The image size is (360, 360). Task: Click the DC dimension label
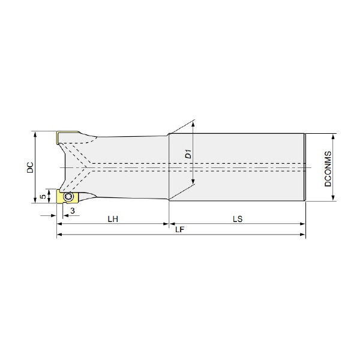pyautogui.click(x=30, y=167)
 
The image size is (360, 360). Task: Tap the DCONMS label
pyautogui.click(x=328, y=169)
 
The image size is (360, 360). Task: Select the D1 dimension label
pyautogui.click(x=188, y=154)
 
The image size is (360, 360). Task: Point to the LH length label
pyautogui.click(x=113, y=219)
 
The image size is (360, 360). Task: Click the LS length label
pyautogui.click(x=238, y=219)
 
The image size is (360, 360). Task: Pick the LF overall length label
pyautogui.click(x=180, y=229)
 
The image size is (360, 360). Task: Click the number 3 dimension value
pyautogui.click(x=73, y=211)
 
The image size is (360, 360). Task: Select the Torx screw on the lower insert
pyautogui.click(x=68, y=196)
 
